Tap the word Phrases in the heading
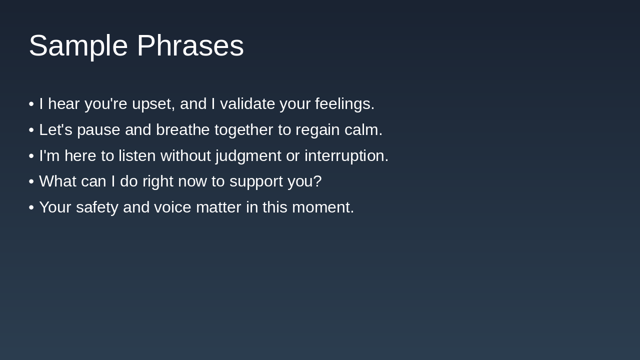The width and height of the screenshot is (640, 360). click(x=190, y=45)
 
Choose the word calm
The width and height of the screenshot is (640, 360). click(x=363, y=129)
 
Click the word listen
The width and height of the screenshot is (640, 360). click(x=137, y=155)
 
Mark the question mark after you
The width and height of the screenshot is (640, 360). click(x=317, y=181)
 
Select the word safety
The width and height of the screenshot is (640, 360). click(x=97, y=207)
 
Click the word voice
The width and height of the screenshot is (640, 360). click(x=172, y=207)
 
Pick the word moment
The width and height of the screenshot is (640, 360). click(x=323, y=207)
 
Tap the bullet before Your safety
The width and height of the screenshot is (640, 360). click(x=31, y=207)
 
